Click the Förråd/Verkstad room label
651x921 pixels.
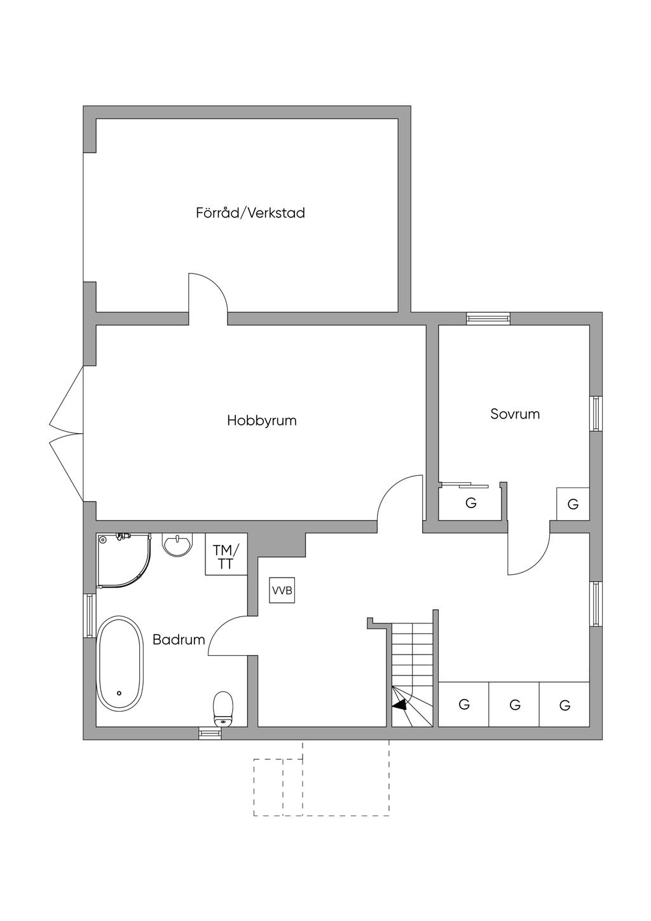250,213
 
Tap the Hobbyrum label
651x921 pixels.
262,420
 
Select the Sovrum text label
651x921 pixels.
515,413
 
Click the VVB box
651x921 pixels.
282,590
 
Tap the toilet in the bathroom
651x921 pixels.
223,709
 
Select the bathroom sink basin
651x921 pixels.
177,545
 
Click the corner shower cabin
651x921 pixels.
124,561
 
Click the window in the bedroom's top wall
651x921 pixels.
488,319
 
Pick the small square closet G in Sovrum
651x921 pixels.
573,504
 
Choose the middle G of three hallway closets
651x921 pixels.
514,705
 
